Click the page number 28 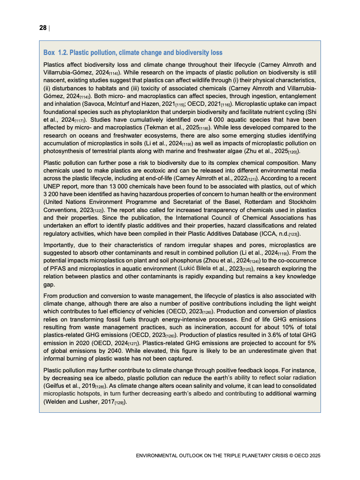pyautogui.click(x=43, y=28)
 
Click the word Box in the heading pyautogui.click(x=49, y=53)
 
